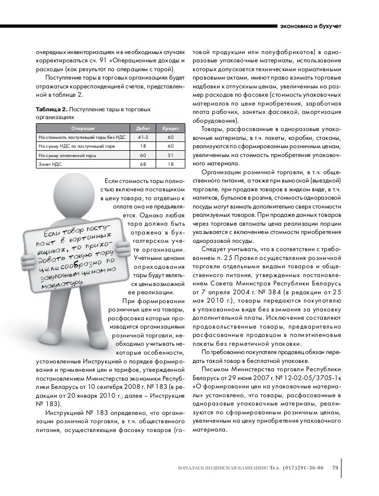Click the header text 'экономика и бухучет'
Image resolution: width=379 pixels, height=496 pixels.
(310, 26)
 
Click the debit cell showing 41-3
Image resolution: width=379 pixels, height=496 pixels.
(142, 137)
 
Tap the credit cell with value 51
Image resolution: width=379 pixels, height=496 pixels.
(170, 155)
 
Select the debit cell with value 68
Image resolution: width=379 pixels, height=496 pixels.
(142, 164)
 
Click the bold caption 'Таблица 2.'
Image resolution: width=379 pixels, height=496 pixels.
(51, 110)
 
